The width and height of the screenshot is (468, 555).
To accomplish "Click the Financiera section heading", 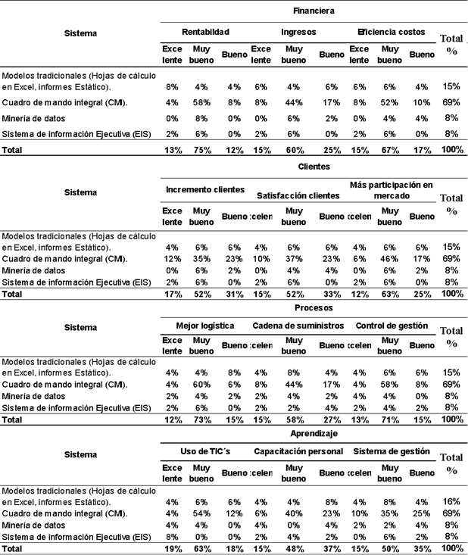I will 314,11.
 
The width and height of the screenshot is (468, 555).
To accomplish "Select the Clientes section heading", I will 314,166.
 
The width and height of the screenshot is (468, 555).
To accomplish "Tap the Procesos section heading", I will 314,308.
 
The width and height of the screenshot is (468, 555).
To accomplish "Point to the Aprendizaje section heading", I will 314,434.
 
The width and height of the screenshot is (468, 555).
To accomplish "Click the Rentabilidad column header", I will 205,33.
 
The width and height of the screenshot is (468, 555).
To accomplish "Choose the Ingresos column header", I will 298,33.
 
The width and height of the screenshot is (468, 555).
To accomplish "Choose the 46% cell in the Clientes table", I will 389,258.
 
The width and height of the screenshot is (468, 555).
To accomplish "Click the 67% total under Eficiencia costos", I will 389,150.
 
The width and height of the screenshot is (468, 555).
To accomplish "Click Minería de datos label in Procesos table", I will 33,395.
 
